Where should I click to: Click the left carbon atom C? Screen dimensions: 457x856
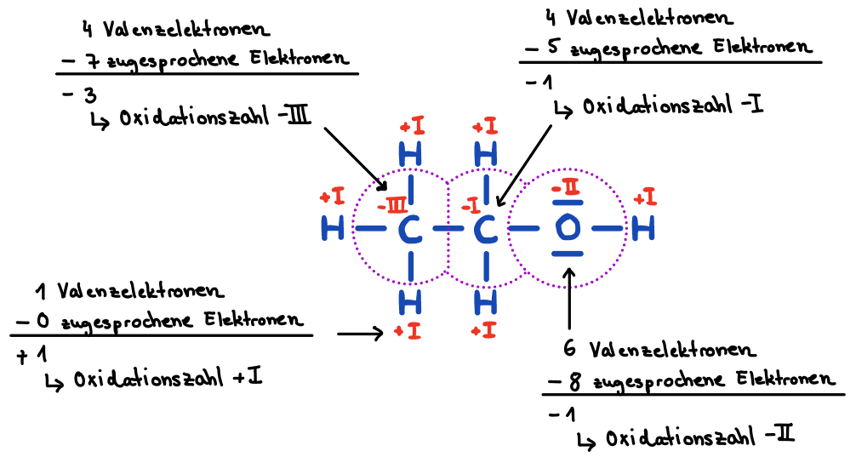(x=410, y=229)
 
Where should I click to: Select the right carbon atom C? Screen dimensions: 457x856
(x=485, y=229)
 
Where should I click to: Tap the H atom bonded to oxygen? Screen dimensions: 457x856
(x=644, y=228)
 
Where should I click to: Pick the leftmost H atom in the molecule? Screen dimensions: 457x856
(x=335, y=229)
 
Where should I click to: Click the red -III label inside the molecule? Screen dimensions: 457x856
(x=393, y=206)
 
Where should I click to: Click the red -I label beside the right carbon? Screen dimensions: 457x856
(x=469, y=208)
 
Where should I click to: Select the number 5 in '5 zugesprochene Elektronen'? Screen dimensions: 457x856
(x=553, y=49)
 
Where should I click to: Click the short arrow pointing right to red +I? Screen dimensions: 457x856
(x=360, y=334)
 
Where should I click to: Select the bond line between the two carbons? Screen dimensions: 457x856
(x=448, y=229)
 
